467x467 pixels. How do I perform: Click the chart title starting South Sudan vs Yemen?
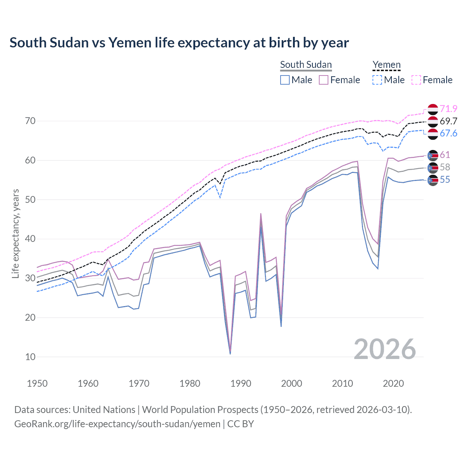point(179,43)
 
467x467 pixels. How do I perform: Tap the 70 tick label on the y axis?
point(30,121)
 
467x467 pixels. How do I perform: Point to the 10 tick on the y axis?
point(30,357)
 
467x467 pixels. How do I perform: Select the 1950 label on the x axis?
point(37,383)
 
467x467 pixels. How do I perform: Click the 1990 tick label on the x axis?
point(241,383)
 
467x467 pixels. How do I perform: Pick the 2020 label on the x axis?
point(393,383)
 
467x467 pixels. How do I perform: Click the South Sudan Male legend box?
point(285,80)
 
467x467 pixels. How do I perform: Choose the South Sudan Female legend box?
point(324,80)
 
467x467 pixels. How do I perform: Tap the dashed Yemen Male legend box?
point(377,80)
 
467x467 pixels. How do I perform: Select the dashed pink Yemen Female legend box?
point(416,80)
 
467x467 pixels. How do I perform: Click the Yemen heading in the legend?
point(387,65)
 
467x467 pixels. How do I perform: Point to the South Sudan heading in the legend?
point(306,65)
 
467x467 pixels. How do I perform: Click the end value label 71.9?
point(448,109)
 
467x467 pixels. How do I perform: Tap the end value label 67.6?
point(448,134)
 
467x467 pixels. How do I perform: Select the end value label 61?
point(445,155)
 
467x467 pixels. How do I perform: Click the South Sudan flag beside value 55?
point(433,180)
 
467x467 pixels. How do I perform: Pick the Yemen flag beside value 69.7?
point(433,121)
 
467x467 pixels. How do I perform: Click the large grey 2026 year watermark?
point(385,350)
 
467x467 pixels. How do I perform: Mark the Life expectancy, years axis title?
point(16,233)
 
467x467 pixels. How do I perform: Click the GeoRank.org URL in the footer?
point(117,424)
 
